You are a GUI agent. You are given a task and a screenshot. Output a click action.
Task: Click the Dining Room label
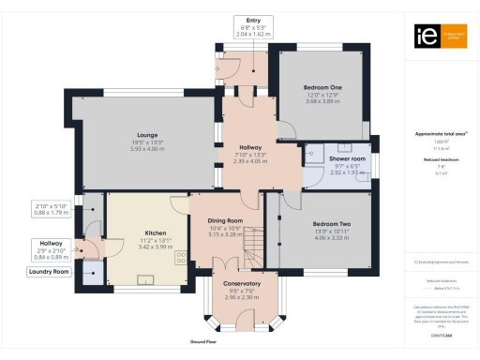coord(225,220)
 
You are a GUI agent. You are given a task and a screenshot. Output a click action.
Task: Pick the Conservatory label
coord(235,283)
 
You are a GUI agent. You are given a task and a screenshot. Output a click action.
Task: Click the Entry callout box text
coord(253,20)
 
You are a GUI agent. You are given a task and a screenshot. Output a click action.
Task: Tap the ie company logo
coord(423,36)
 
